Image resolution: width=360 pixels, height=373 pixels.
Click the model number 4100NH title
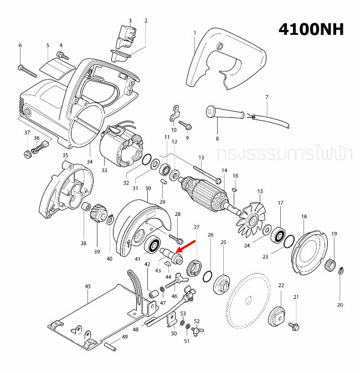click(311, 29)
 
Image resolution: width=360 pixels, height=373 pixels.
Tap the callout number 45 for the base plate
click(88, 286)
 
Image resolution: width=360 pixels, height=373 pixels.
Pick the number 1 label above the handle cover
click(195, 33)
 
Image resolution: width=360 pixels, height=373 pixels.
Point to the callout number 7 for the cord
click(266, 97)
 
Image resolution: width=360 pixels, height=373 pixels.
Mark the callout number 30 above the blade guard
click(148, 189)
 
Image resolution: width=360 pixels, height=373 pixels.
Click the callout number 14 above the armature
click(224, 170)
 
